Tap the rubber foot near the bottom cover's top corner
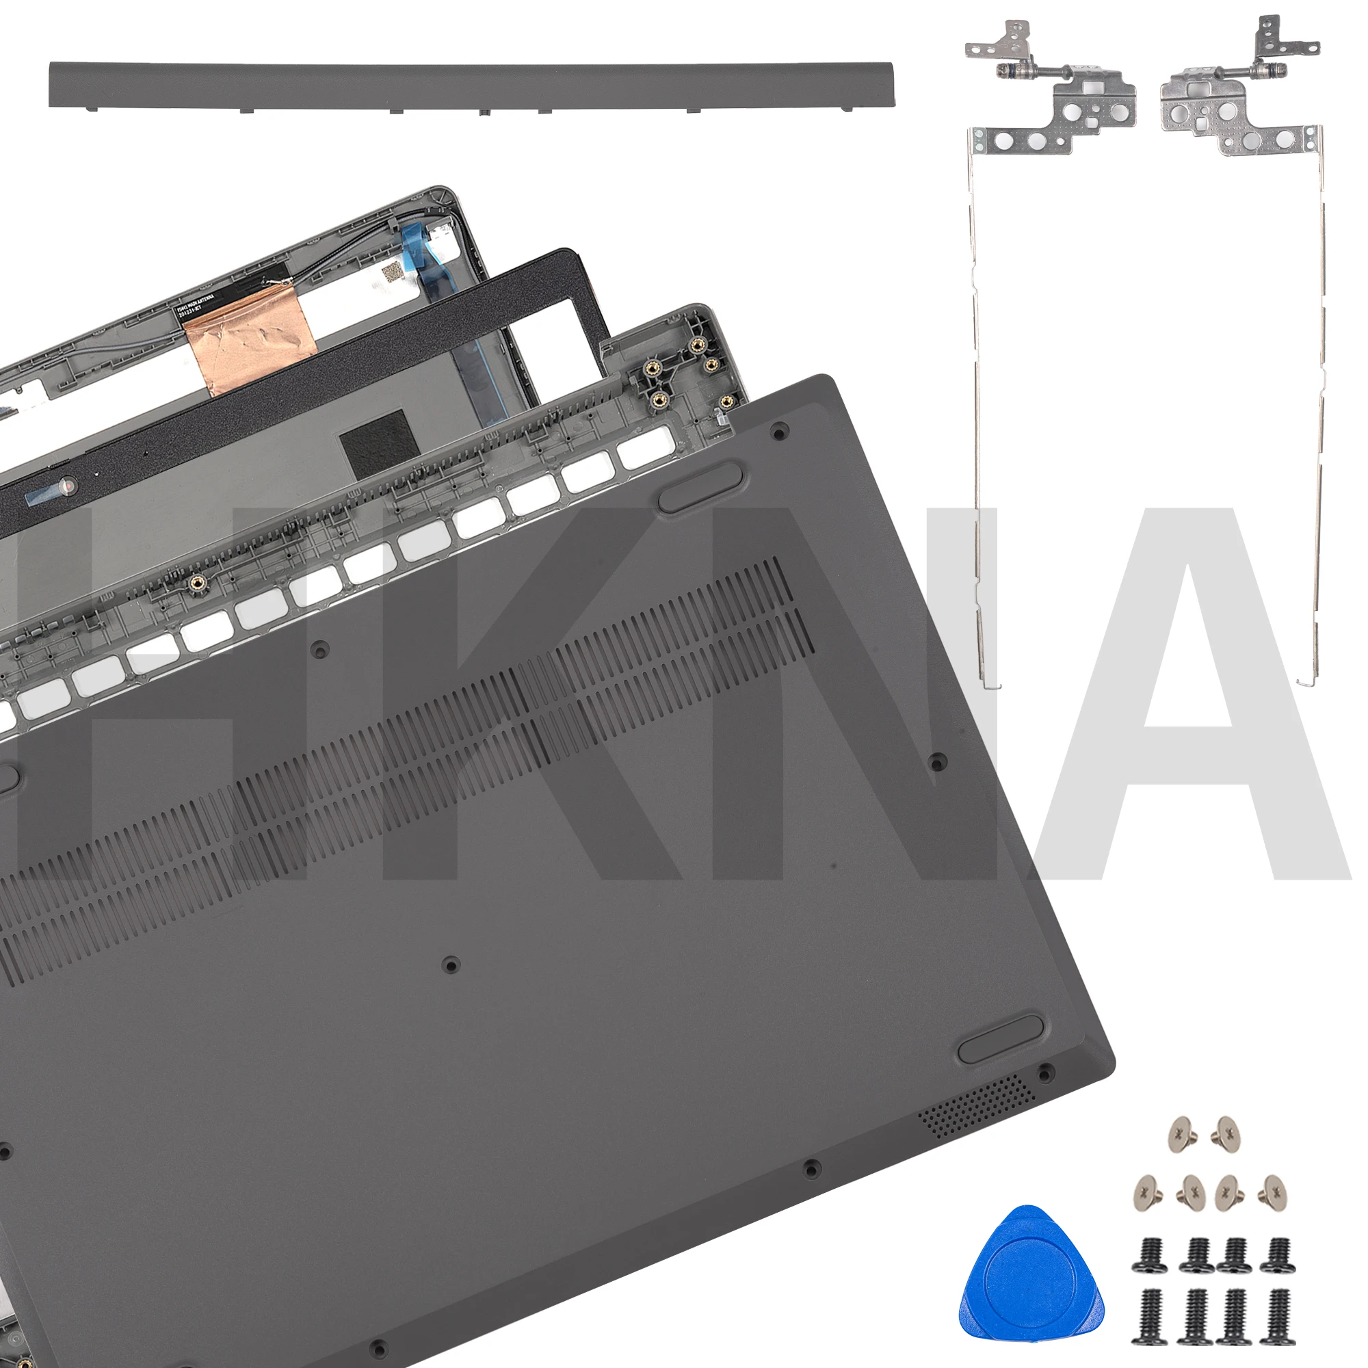[700, 486]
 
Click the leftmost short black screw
[1146, 1254]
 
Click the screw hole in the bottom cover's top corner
[780, 429]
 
